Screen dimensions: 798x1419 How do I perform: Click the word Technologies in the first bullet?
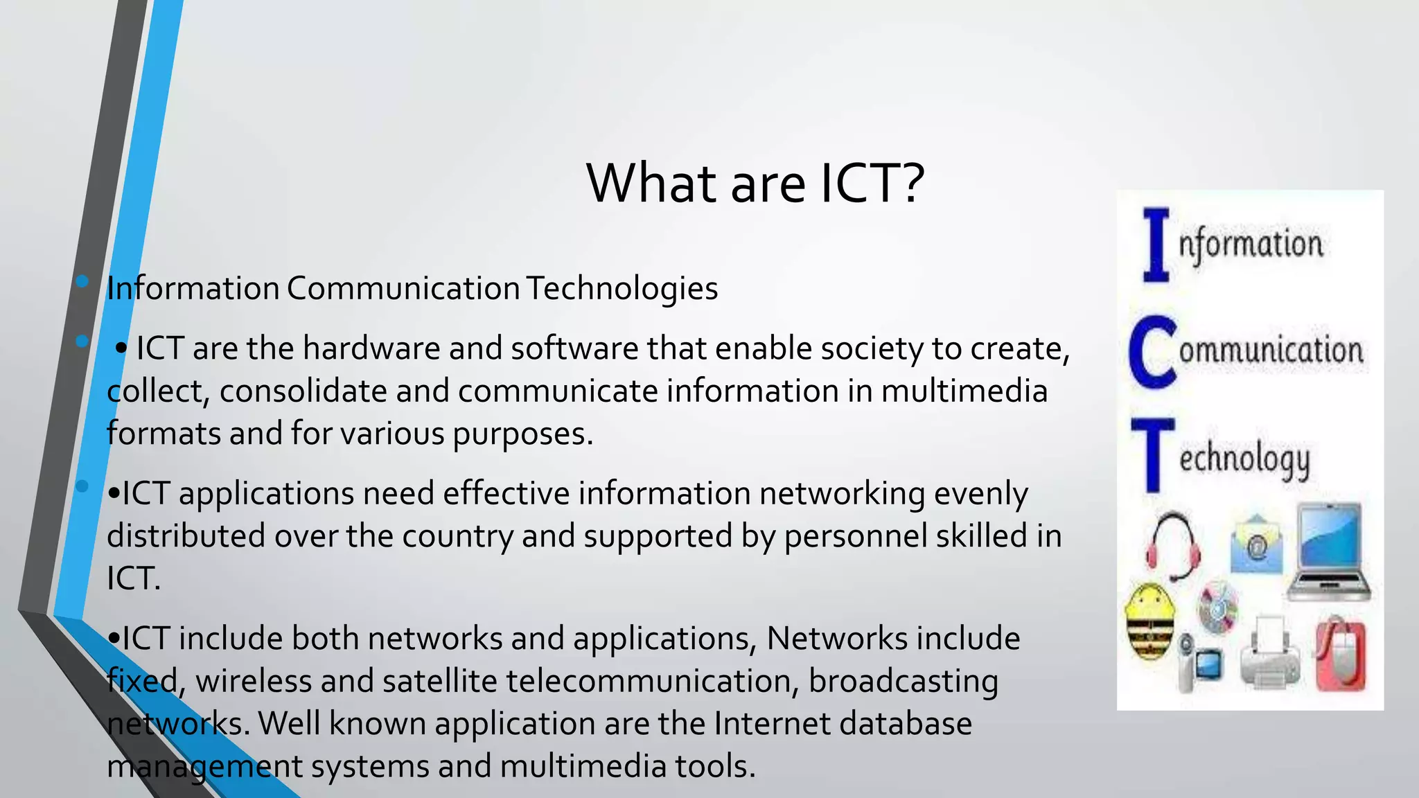(622, 289)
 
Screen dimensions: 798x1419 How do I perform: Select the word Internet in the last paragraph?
(773, 724)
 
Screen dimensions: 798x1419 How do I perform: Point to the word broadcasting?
(904, 682)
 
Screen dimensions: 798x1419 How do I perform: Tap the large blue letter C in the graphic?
(1152, 351)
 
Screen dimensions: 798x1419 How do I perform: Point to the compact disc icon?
(1218, 608)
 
